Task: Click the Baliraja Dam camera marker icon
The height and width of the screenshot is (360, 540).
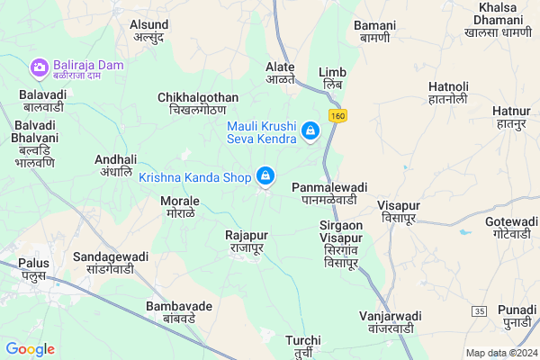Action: (39, 67)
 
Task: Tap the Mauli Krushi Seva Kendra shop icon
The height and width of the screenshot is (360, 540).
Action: (310, 132)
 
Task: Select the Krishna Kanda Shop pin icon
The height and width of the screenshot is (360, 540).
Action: (265, 176)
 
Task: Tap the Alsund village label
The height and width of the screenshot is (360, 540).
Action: (148, 31)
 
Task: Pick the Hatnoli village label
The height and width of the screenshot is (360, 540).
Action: (448, 92)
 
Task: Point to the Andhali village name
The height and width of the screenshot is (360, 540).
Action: (115, 165)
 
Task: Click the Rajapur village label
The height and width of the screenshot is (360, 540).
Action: (247, 241)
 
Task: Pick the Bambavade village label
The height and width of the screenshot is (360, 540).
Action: (179, 311)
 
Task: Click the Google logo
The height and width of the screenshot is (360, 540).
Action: (30, 349)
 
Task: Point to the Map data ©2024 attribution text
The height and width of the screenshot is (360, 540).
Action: (500, 352)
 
